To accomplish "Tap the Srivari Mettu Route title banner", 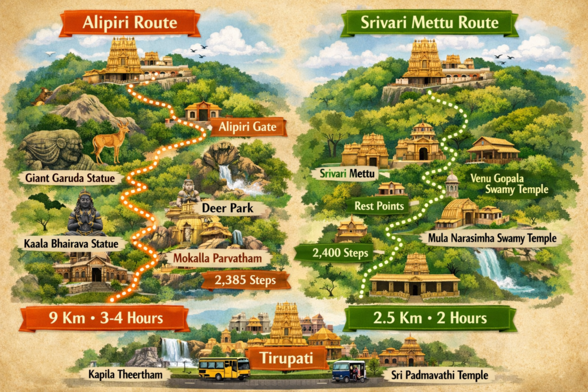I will (430, 24).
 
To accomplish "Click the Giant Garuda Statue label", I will (74, 178).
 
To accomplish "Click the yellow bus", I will (224, 368).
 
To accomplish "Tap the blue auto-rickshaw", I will (349, 370).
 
